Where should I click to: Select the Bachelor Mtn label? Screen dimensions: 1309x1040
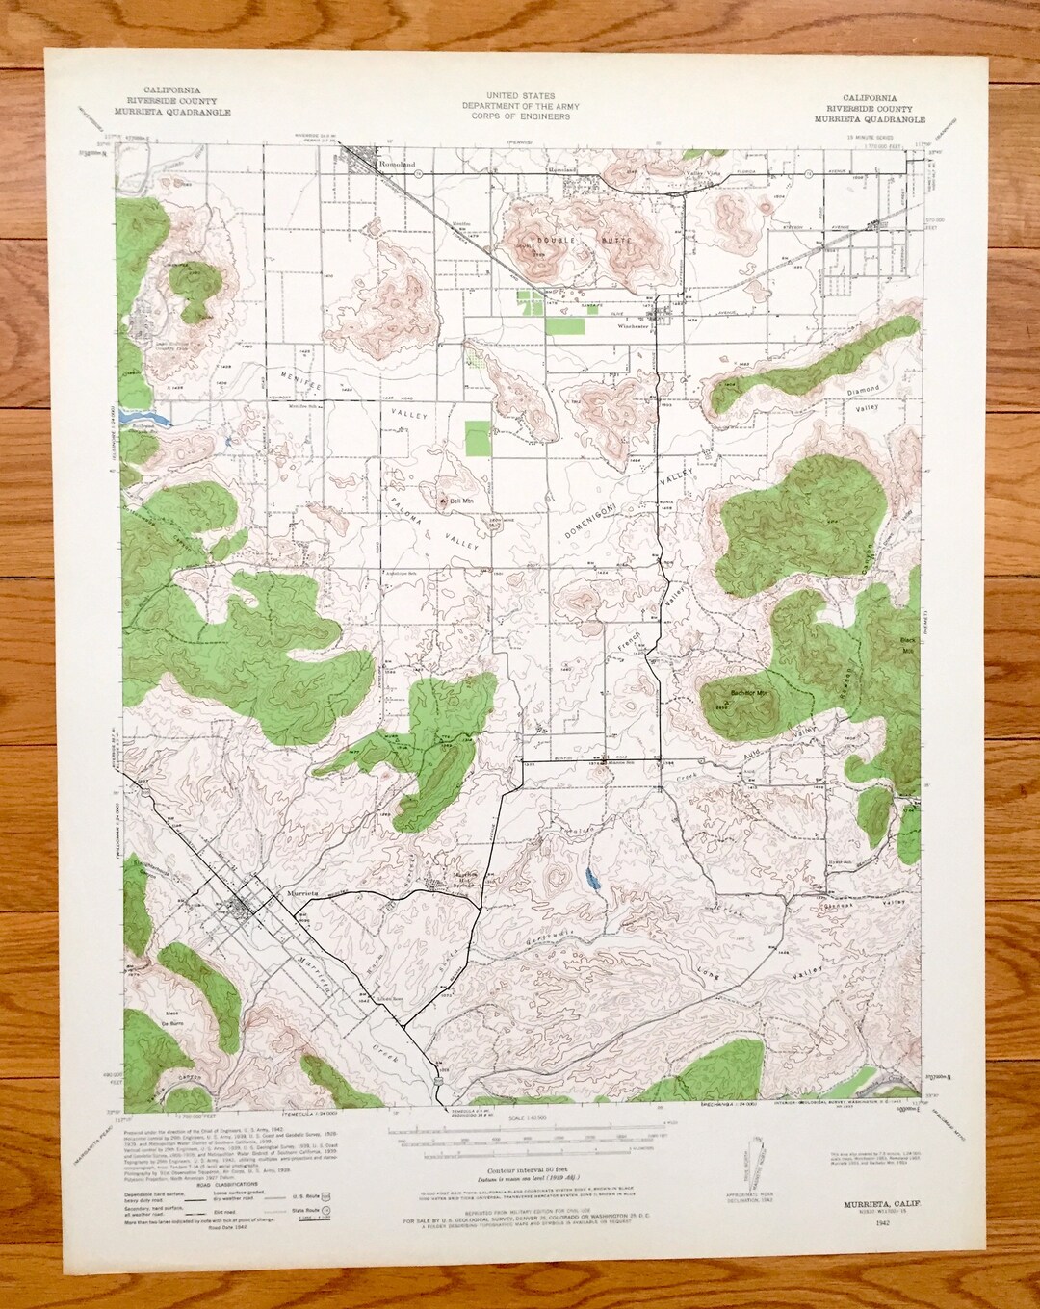[747, 693]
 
